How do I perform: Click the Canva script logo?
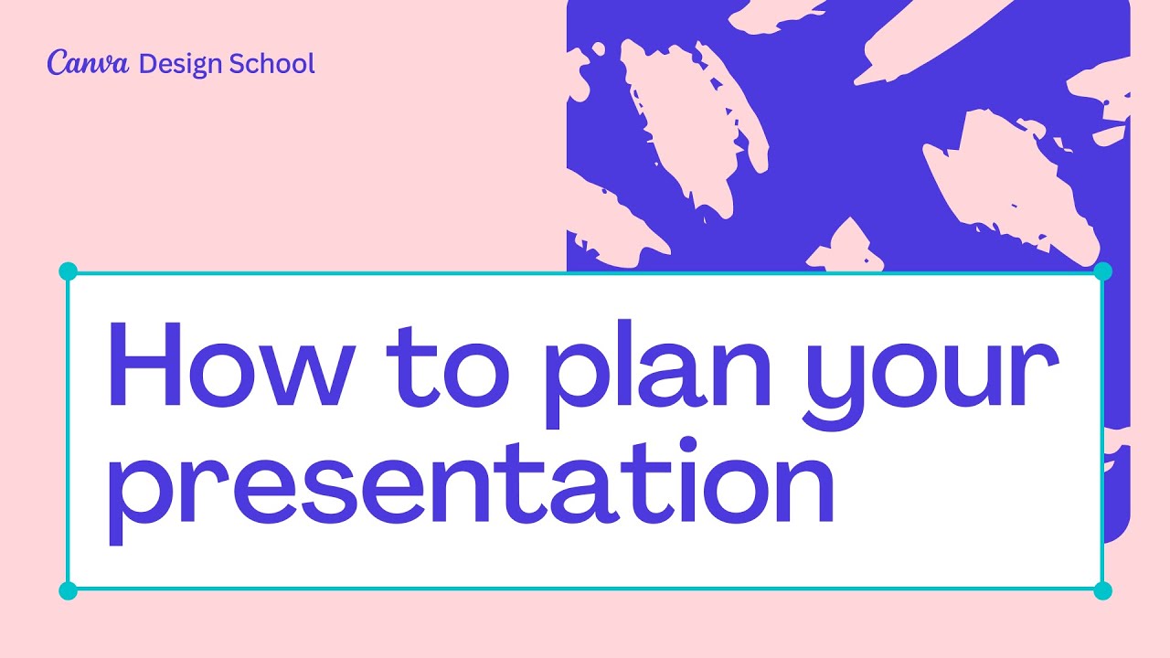coord(88,63)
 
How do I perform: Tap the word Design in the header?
coord(181,64)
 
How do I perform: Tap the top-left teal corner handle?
coord(68,271)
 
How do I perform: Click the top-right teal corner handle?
coord(1102,271)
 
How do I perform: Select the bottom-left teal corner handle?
coord(68,590)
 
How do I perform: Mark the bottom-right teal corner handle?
coord(1102,590)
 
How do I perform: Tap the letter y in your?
coord(826,384)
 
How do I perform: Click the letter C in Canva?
coord(56,63)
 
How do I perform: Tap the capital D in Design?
coord(146,63)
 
